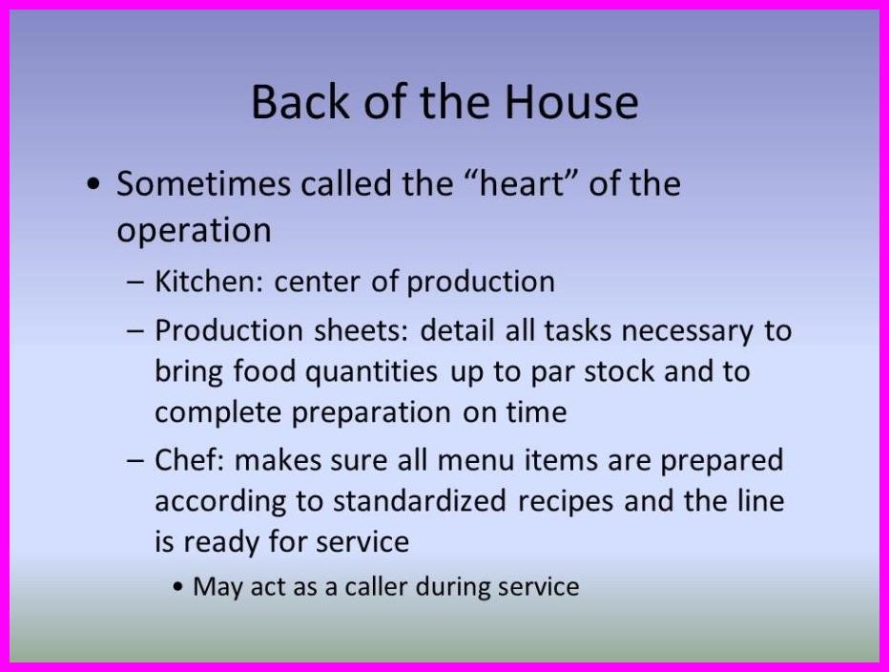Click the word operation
pos(194,231)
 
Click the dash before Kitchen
pos(137,283)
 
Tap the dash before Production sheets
pos(137,331)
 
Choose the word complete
pos(217,412)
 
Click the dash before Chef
pos(137,461)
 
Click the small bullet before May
pos(180,587)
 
